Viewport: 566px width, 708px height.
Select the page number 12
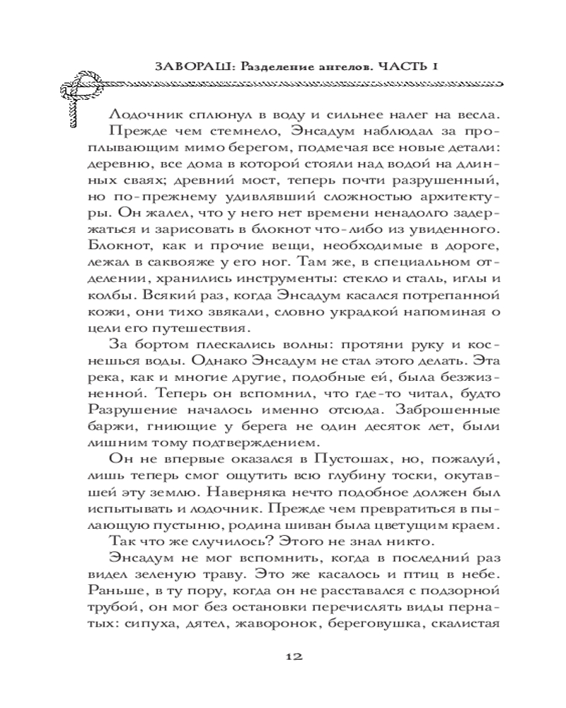click(294, 656)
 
